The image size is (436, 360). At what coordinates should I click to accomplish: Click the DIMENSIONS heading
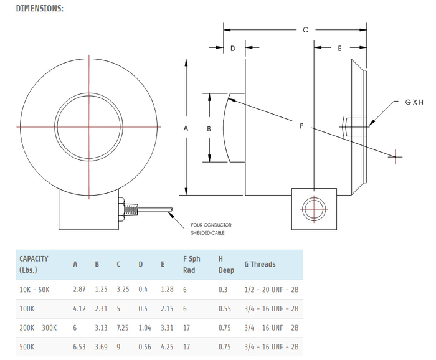(x=39, y=8)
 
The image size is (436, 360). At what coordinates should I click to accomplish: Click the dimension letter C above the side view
(x=305, y=30)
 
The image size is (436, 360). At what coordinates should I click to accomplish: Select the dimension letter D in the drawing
(x=233, y=49)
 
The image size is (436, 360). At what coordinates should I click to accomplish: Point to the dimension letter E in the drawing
(x=339, y=49)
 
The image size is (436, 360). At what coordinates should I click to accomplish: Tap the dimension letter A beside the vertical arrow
(x=186, y=128)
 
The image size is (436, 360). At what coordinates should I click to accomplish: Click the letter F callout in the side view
(x=301, y=126)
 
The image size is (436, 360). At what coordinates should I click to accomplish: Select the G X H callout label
(x=414, y=102)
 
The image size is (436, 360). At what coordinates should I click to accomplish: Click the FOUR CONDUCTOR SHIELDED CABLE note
(x=211, y=229)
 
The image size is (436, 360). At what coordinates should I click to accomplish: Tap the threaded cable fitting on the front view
(x=131, y=209)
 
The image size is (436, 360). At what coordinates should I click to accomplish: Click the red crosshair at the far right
(x=395, y=157)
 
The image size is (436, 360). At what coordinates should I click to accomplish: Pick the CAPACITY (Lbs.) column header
(x=34, y=264)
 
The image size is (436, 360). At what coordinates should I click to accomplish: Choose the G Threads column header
(x=260, y=264)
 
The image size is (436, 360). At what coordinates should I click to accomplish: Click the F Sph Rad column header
(x=192, y=264)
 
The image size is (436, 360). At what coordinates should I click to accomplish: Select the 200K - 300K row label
(x=38, y=328)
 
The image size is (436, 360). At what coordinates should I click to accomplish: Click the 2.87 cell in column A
(x=79, y=290)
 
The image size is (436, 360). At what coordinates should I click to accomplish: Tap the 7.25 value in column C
(x=123, y=328)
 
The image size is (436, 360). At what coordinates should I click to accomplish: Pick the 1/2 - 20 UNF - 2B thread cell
(x=272, y=290)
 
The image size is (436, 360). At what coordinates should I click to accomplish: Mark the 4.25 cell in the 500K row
(x=167, y=347)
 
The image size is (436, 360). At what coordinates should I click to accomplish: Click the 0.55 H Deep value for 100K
(x=225, y=309)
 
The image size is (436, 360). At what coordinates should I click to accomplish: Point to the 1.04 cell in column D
(x=145, y=328)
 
